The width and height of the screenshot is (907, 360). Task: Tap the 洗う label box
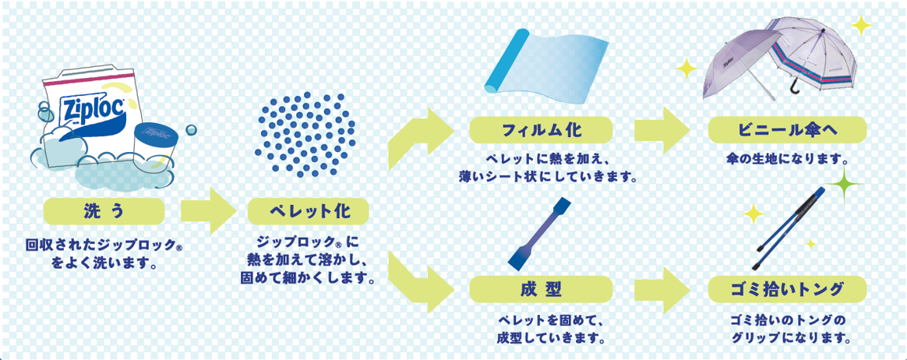pyautogui.click(x=104, y=211)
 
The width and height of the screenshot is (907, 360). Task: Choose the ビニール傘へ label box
pyautogui.click(x=787, y=129)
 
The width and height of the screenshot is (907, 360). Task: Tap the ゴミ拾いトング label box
pyautogui.click(x=787, y=290)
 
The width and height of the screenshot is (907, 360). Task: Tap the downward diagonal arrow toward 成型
pyautogui.click(x=416, y=281)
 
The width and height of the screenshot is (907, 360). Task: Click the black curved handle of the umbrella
pyautogui.click(x=795, y=86)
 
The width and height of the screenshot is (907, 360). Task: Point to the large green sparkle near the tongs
pyautogui.click(x=843, y=185)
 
